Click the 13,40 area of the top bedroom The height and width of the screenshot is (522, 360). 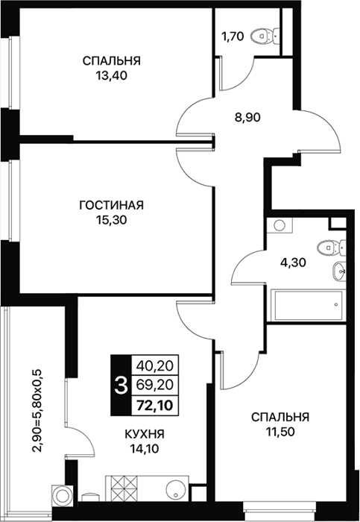[112, 76]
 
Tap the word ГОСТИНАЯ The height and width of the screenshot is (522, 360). [112, 205]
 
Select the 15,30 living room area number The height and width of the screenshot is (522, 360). [112, 220]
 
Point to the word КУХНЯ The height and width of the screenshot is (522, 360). [145, 434]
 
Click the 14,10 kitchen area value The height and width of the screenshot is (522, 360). [145, 449]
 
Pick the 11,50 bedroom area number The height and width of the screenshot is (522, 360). [280, 432]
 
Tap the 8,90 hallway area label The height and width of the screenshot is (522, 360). [247, 117]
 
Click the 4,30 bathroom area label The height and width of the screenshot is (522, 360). [292, 262]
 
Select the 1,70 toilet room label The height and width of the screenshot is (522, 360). [233, 36]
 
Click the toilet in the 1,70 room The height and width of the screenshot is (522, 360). [265, 36]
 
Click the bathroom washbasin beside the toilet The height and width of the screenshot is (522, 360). [339, 271]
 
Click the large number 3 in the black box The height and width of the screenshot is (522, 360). [121, 386]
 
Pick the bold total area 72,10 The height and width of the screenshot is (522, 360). [155, 406]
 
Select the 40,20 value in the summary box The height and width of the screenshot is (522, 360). [155, 366]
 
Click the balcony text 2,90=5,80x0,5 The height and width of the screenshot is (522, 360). [37, 410]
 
